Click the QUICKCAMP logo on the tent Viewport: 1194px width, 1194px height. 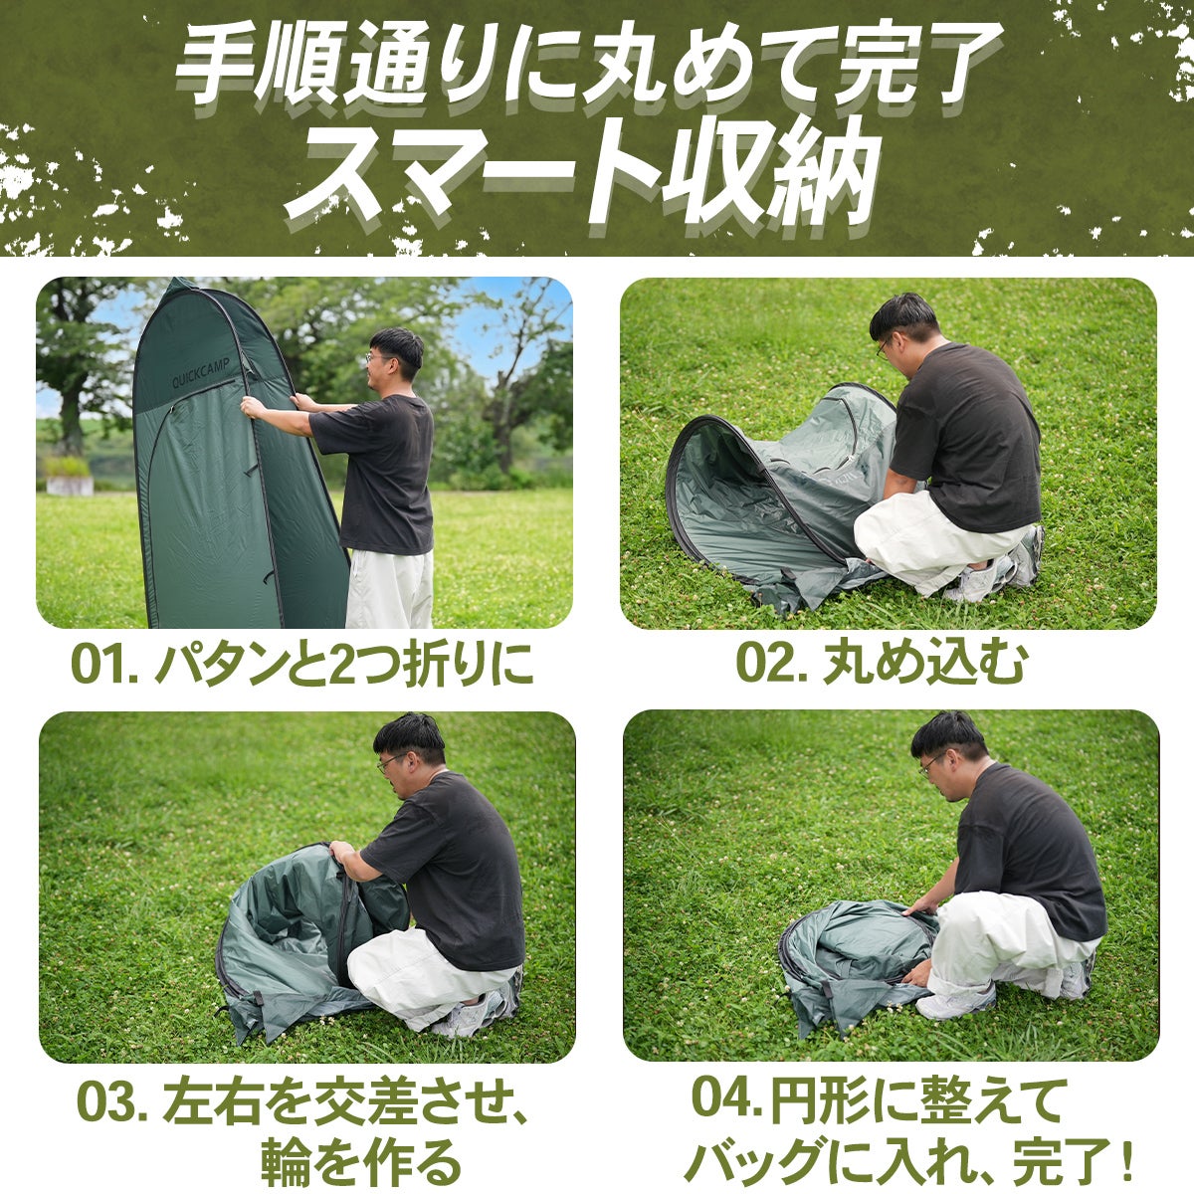[x=201, y=373]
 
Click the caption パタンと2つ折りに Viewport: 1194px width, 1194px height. [x=344, y=664]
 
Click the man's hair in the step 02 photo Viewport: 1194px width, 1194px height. [x=904, y=317]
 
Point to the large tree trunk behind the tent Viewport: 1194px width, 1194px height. [x=70, y=421]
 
